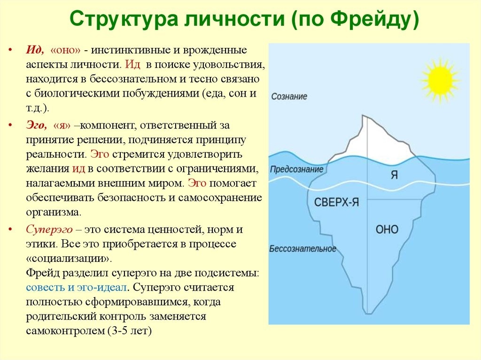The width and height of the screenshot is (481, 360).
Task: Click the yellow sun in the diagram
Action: (x=439, y=81)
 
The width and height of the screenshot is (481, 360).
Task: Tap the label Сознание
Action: (x=289, y=96)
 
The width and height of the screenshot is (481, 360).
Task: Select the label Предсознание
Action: (x=296, y=169)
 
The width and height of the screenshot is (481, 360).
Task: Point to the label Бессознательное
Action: (x=303, y=249)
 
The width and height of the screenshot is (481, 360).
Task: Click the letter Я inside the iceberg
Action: (x=395, y=175)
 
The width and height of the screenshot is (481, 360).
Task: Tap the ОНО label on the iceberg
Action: (x=387, y=229)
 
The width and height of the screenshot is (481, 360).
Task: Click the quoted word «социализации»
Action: (x=69, y=259)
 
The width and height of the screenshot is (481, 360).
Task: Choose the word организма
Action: (x=53, y=211)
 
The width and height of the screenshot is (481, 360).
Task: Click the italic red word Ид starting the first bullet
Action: (x=35, y=50)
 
